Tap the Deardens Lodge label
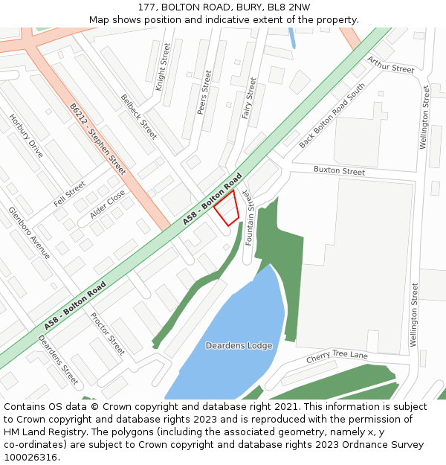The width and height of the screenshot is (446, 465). [x=239, y=345]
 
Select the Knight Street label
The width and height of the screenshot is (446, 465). [x=164, y=67]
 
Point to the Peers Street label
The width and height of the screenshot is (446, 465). [x=204, y=92]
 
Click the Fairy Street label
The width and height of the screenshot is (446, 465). [x=248, y=98]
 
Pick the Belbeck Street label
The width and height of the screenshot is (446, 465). [x=139, y=117]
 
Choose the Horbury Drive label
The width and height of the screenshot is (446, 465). [x=26, y=135]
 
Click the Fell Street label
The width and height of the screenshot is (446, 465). [x=69, y=193]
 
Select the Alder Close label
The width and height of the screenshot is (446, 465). [x=107, y=203]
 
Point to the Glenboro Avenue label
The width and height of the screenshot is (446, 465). [x=29, y=232]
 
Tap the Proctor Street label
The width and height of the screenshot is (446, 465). [x=108, y=333]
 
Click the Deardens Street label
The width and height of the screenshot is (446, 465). [x=58, y=359]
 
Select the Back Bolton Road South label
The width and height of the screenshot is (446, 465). [x=332, y=115]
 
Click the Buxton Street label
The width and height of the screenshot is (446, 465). [x=339, y=171]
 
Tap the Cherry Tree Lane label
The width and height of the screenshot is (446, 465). [x=337, y=358]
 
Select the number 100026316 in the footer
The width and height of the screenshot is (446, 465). [x=29, y=457]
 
